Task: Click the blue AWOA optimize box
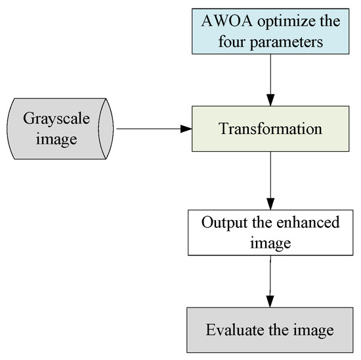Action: (x=270, y=31)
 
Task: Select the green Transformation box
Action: (x=270, y=128)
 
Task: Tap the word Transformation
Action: (x=270, y=129)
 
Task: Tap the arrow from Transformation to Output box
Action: (x=270, y=177)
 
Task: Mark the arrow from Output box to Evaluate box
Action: (x=270, y=279)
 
